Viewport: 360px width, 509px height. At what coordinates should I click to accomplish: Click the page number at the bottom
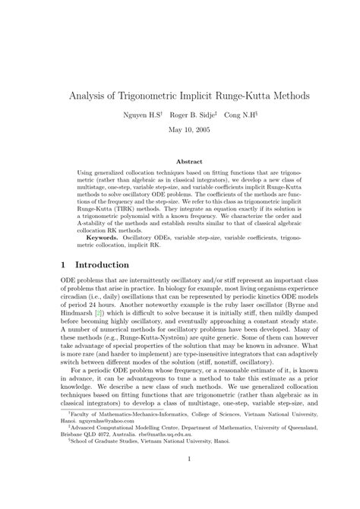coord(180,480)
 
